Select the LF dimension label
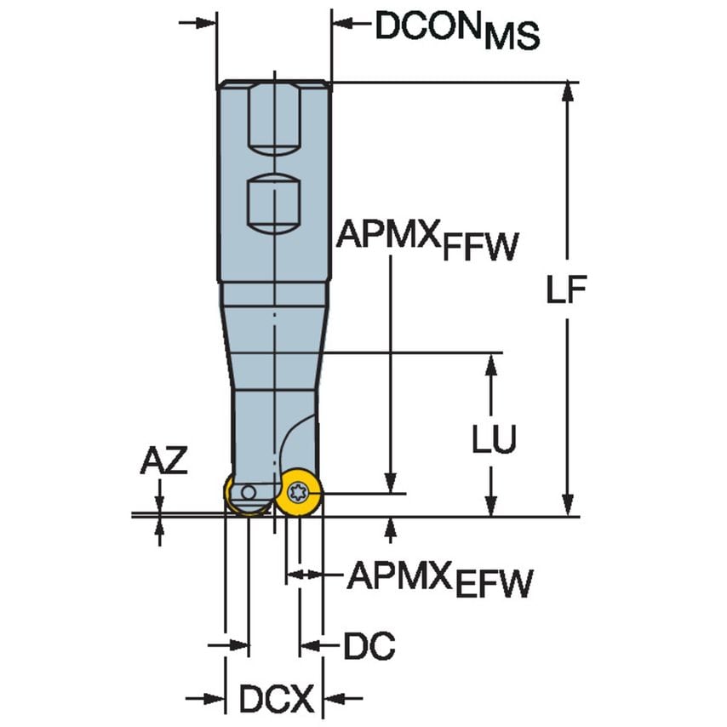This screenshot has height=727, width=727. pyautogui.click(x=567, y=292)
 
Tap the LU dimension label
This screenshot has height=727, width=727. pyautogui.click(x=495, y=439)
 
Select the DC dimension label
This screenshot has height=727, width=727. pyautogui.click(x=369, y=648)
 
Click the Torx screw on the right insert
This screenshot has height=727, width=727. pyautogui.click(x=298, y=490)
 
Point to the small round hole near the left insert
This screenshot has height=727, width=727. pyautogui.click(x=247, y=493)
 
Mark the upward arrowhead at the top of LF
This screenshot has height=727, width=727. pyautogui.click(x=566, y=94)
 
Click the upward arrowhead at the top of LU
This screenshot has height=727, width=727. pyautogui.click(x=491, y=364)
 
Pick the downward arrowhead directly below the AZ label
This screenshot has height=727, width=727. pyautogui.click(x=159, y=502)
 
